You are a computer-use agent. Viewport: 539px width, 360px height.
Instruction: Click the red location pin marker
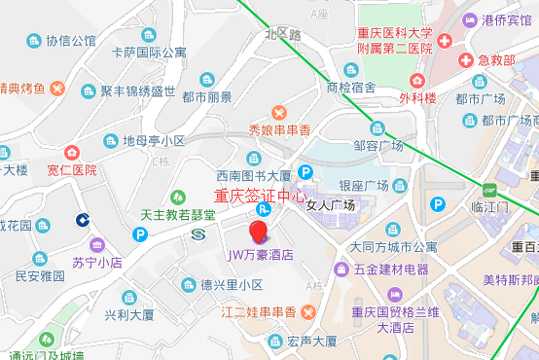(x=259, y=232)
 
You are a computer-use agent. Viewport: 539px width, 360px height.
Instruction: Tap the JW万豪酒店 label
(x=261, y=255)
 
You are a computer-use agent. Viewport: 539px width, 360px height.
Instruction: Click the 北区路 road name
(x=282, y=34)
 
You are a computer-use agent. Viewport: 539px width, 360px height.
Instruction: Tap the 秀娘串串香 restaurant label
(x=279, y=129)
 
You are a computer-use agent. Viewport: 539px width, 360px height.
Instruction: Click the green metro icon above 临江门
(x=489, y=189)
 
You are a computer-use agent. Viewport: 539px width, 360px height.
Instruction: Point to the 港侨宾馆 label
(x=506, y=19)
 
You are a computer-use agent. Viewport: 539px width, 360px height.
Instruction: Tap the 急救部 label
(x=496, y=59)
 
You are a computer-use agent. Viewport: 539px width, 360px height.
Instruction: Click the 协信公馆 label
(x=71, y=41)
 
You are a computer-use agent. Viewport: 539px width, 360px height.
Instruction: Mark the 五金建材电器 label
(x=389, y=269)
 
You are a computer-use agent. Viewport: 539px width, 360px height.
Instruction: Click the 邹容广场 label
(x=378, y=145)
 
